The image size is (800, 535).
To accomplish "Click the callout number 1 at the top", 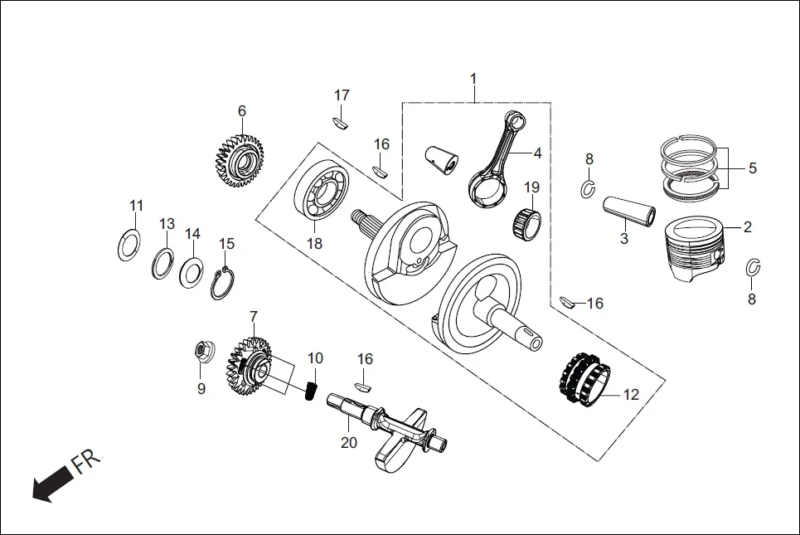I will click(x=473, y=79).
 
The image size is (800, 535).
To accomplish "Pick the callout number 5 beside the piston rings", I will click(x=752, y=168).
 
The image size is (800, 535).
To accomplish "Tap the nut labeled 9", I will click(x=201, y=352).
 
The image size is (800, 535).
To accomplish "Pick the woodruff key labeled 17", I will click(x=341, y=121).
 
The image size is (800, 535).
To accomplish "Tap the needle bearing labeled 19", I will click(x=528, y=221).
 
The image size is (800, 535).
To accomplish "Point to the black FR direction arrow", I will click(x=52, y=486).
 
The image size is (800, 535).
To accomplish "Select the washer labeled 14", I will click(x=192, y=271).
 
